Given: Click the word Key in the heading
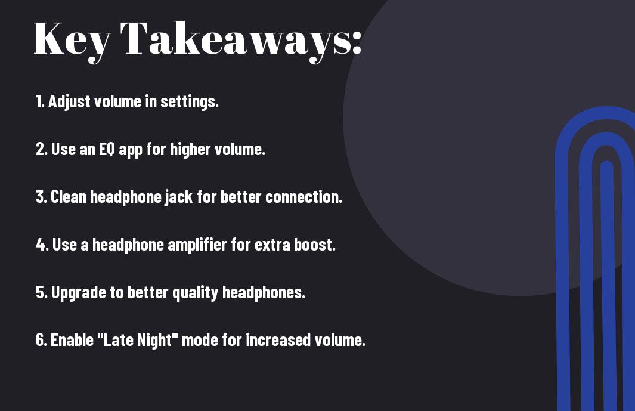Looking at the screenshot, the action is point(72,41).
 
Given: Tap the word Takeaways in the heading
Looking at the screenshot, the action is point(236,41).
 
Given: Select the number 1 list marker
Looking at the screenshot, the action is point(40,101).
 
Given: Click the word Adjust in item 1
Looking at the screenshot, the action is point(69,102).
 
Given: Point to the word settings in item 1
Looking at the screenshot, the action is point(190,102).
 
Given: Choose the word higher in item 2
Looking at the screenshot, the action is point(190,150).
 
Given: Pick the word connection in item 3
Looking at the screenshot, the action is point(303,197).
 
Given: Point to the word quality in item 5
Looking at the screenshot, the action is point(195,293).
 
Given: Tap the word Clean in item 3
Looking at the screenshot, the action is point(68,197).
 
